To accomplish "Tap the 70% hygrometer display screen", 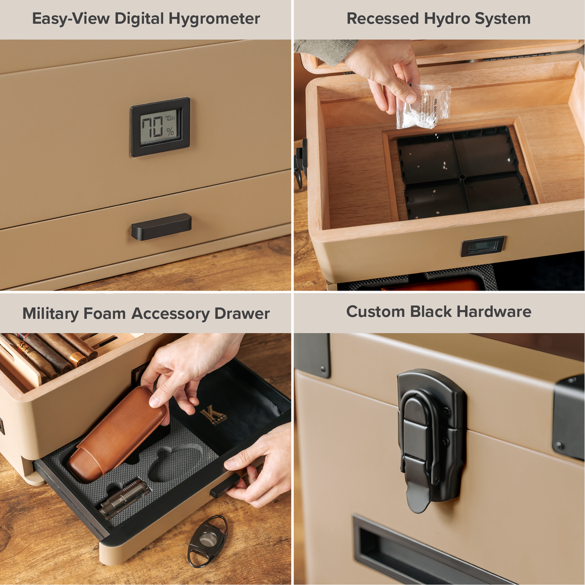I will click(x=159, y=127).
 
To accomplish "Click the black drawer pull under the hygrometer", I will click(x=161, y=227).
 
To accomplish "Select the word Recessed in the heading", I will click(x=383, y=19).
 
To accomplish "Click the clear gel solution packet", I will click(x=423, y=107).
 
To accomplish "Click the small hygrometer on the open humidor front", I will click(x=483, y=246).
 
